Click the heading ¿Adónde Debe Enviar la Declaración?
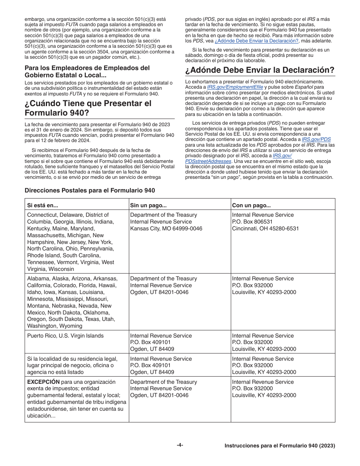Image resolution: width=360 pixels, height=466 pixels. pos(260,70)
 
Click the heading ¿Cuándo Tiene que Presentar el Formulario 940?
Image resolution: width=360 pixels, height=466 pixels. pos(88,108)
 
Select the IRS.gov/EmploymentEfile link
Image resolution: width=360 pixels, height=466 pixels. pos(235,87)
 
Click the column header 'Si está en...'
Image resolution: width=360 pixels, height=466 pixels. pos(42,205)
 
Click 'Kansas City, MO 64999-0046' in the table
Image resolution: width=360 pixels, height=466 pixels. pos(166,228)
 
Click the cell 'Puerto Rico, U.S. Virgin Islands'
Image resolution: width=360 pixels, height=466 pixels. pos(65,336)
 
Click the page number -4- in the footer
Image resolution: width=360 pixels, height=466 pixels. pos(180,445)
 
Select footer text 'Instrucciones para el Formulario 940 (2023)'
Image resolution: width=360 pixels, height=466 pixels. pos(280,446)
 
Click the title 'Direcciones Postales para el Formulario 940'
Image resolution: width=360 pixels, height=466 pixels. pos(90,191)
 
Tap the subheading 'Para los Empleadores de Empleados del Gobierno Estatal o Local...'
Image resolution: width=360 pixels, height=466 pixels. pos(87,71)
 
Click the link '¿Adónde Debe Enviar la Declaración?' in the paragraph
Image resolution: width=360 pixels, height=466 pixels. pos(257,41)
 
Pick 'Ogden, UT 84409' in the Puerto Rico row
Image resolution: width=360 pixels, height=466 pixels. pos(152,349)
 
